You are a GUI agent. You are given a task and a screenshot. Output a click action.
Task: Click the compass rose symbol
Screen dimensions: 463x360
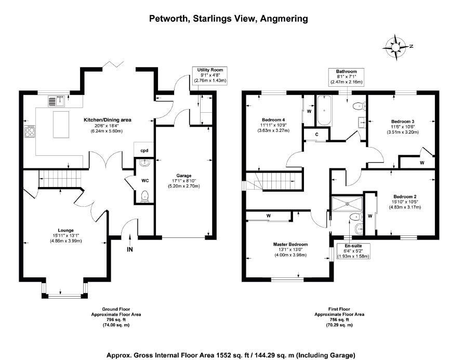click(395, 47)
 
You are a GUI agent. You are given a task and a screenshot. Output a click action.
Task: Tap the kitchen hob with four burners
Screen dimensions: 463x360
click(30, 131)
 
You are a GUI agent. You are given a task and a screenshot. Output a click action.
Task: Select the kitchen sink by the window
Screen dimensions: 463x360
click(57, 101)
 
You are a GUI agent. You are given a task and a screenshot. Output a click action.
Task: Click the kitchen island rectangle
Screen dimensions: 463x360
click(61, 124)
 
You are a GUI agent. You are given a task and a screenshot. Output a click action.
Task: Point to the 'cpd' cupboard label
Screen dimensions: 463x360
click(144, 151)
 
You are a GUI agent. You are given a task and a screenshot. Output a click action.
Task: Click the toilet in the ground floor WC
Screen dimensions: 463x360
click(144, 196)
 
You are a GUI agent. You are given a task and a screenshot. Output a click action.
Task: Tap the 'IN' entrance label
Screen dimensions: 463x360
click(129, 249)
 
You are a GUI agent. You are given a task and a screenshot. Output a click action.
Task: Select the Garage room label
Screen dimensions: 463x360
click(183, 176)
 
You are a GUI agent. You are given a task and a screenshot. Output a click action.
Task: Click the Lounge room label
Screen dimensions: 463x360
click(65, 230)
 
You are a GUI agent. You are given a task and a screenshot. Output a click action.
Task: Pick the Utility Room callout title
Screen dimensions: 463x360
click(210, 70)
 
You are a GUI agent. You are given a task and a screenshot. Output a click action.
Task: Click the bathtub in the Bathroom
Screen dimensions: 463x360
click(324, 110)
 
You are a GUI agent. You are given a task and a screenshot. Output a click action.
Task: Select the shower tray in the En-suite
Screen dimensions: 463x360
click(347, 203)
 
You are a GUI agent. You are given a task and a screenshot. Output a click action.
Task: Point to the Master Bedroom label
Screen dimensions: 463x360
click(290, 244)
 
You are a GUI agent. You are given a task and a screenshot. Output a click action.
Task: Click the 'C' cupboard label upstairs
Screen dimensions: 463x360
click(316, 135)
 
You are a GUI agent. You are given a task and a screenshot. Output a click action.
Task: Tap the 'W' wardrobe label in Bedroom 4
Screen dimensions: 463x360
click(309, 111)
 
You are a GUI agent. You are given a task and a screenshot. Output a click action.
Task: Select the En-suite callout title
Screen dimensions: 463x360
click(353, 246)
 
